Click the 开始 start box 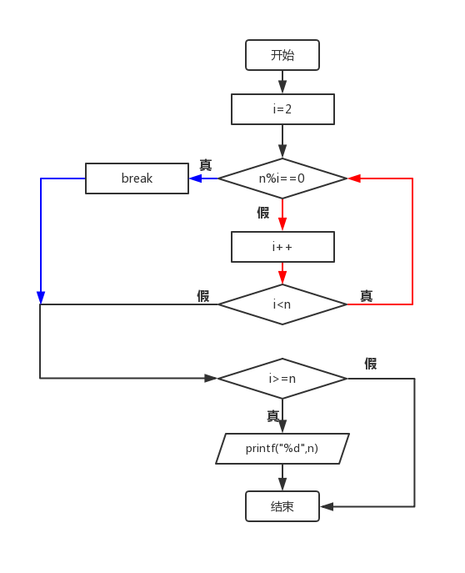coord(282,56)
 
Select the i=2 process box coord(282,109)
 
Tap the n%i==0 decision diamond coord(282,178)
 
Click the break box coord(137,178)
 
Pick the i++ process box coord(282,247)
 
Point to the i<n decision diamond coord(282,304)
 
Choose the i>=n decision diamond coord(282,379)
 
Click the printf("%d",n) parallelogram coord(282,449)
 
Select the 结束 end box coord(282,506)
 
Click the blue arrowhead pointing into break coord(194,178)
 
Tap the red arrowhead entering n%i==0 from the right coord(353,178)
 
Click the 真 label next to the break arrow coord(205,165)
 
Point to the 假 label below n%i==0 coord(263,213)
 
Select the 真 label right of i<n coord(366,296)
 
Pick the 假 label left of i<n coord(202,296)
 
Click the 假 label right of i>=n coord(371,364)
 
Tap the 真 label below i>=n coord(272,415)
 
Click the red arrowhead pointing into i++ coord(282,225)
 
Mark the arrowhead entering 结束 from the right coord(327,506)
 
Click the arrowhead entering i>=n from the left coord(212,379)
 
